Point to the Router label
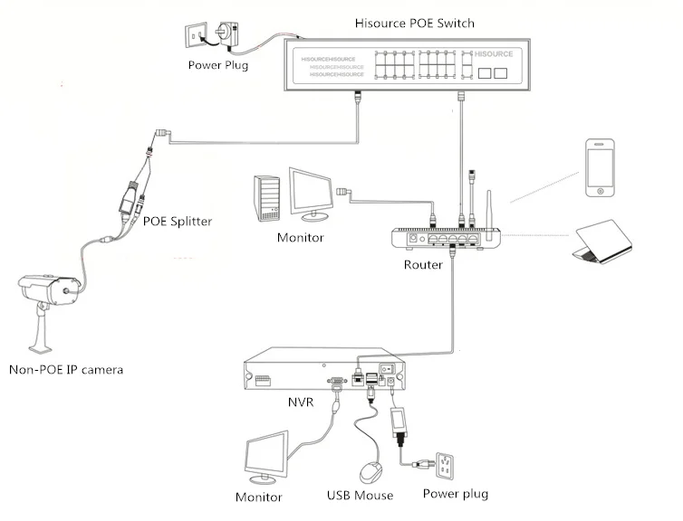click(x=423, y=265)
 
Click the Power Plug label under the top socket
click(x=217, y=64)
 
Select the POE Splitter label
click(x=178, y=220)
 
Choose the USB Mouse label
click(x=360, y=496)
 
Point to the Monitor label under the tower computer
click(x=301, y=238)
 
